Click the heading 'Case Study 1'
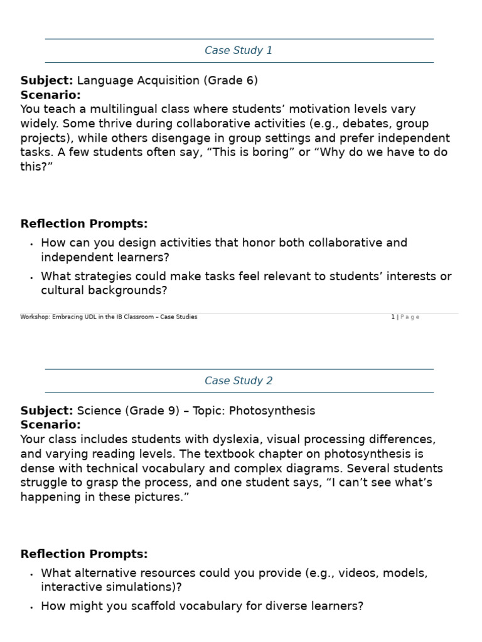pos(238,51)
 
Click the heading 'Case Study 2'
pos(238,381)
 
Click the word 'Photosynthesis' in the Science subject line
pos(272,411)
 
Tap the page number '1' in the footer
pos(393,317)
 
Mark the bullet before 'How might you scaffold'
pos(31,608)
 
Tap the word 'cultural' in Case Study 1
pos(63,291)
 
